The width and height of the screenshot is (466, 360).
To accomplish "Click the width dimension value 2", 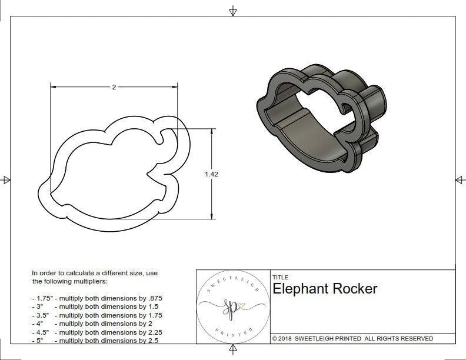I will (x=114, y=86).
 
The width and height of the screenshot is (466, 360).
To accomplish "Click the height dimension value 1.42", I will (x=211, y=174).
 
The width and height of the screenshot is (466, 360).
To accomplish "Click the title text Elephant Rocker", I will (x=325, y=289).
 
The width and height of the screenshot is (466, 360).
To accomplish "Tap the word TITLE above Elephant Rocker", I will (x=280, y=277).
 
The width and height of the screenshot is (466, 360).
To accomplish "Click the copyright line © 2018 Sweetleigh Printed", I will (x=352, y=338).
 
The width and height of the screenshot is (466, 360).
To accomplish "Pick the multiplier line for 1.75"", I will (x=96, y=298).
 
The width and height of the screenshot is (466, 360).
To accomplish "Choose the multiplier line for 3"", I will (x=93, y=306).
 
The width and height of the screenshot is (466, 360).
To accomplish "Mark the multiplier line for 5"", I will (x=93, y=341).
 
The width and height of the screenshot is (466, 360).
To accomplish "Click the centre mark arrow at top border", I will (x=233, y=11).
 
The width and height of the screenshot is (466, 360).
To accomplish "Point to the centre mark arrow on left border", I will (x=6, y=179).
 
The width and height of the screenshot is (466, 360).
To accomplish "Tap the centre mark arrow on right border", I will (x=459, y=179).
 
